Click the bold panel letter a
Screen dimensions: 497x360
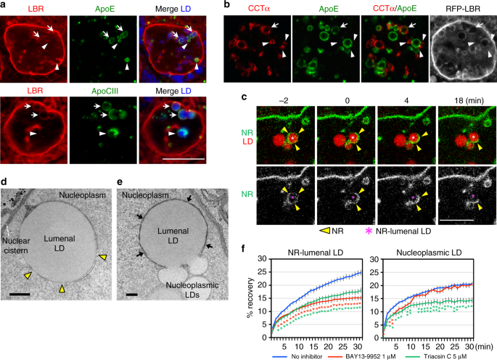(x=4, y=4)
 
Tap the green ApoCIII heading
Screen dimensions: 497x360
(x=104, y=91)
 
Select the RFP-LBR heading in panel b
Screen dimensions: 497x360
(x=463, y=9)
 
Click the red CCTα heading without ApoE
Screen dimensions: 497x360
(x=258, y=9)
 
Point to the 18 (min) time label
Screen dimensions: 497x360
(x=467, y=101)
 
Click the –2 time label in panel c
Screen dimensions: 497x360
(x=284, y=101)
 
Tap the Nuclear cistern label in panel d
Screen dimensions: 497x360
(x=15, y=246)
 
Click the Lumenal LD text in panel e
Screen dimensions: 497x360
(x=173, y=236)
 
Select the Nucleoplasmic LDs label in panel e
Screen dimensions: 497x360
(x=192, y=290)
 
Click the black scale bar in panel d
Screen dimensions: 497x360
(x=20, y=295)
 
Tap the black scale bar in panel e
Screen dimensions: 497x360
(x=132, y=295)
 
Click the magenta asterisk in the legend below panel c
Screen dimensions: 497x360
(x=369, y=231)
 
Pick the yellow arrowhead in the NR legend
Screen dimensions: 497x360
(x=325, y=232)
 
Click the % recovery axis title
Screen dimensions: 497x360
(x=250, y=298)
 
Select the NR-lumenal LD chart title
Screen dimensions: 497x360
(x=316, y=253)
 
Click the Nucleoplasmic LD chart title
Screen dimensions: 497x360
(x=429, y=253)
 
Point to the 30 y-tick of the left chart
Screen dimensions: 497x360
(x=262, y=259)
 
